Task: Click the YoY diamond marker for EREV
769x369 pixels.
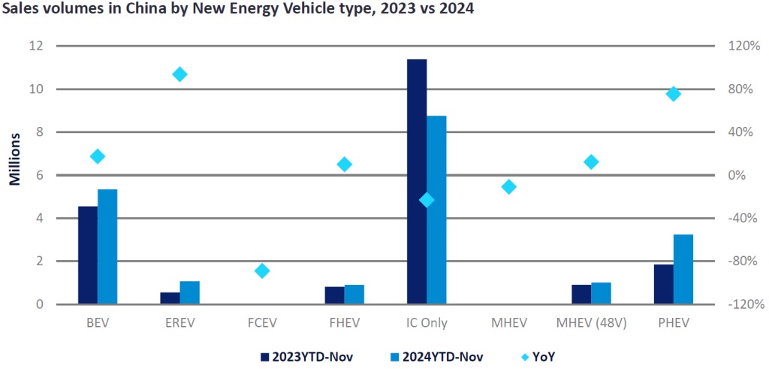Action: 179,74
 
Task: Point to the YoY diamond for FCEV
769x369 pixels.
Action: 262,271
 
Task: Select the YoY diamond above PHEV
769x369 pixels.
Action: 674,94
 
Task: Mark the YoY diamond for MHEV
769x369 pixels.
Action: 509,186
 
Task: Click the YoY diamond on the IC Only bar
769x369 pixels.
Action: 427,200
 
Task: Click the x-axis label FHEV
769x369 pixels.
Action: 344,324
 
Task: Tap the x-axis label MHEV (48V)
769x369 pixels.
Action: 591,324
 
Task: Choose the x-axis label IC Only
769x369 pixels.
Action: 426,324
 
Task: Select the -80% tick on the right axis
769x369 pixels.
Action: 743,262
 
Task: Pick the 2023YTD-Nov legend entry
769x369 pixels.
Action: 306,355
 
